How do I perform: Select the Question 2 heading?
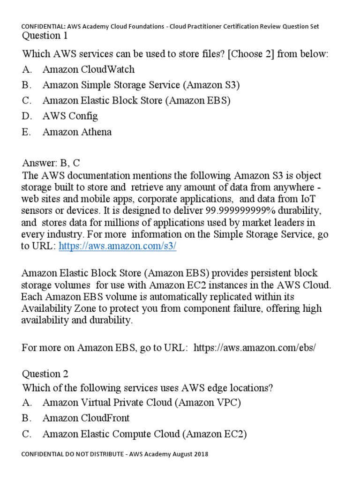[45, 374]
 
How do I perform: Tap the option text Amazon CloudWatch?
[88, 69]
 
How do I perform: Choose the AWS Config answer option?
[70, 116]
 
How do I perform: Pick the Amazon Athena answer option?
[77, 132]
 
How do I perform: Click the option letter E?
[26, 132]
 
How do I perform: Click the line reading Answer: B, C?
[51, 163]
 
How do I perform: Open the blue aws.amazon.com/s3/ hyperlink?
[117, 247]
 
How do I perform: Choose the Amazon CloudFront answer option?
[86, 418]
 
